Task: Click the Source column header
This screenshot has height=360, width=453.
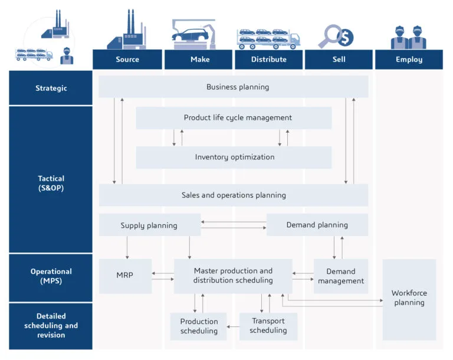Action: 127,60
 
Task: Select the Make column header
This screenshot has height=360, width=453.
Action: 199,60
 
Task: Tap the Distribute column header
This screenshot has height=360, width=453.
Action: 269,60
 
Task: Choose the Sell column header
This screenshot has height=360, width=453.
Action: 339,60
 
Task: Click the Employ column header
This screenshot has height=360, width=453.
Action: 409,60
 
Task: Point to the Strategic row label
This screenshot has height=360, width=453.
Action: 51,88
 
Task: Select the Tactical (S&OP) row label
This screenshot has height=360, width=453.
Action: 51,183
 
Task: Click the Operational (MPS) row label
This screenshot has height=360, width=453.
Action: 51,276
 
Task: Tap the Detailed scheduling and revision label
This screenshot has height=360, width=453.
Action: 51,326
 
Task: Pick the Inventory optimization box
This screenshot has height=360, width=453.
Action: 234,158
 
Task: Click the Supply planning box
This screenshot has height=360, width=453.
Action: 149,225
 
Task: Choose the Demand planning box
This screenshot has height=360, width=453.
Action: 317,225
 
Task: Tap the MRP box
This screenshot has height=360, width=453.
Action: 125,276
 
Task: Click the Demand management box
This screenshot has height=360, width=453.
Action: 341,276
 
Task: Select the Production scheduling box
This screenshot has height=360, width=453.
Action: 199,326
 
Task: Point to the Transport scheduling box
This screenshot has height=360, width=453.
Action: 268,326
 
